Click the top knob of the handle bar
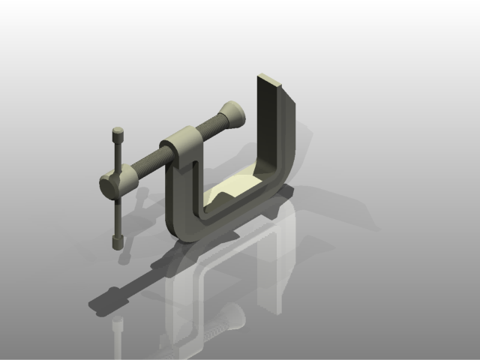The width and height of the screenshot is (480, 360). point(118,133)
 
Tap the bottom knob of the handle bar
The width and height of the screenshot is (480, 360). point(118,242)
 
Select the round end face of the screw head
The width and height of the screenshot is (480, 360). point(109,185)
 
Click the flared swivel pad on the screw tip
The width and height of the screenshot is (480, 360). point(235,114)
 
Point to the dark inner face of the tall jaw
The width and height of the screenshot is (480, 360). point(266,127)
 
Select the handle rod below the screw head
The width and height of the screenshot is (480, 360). point(118,217)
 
